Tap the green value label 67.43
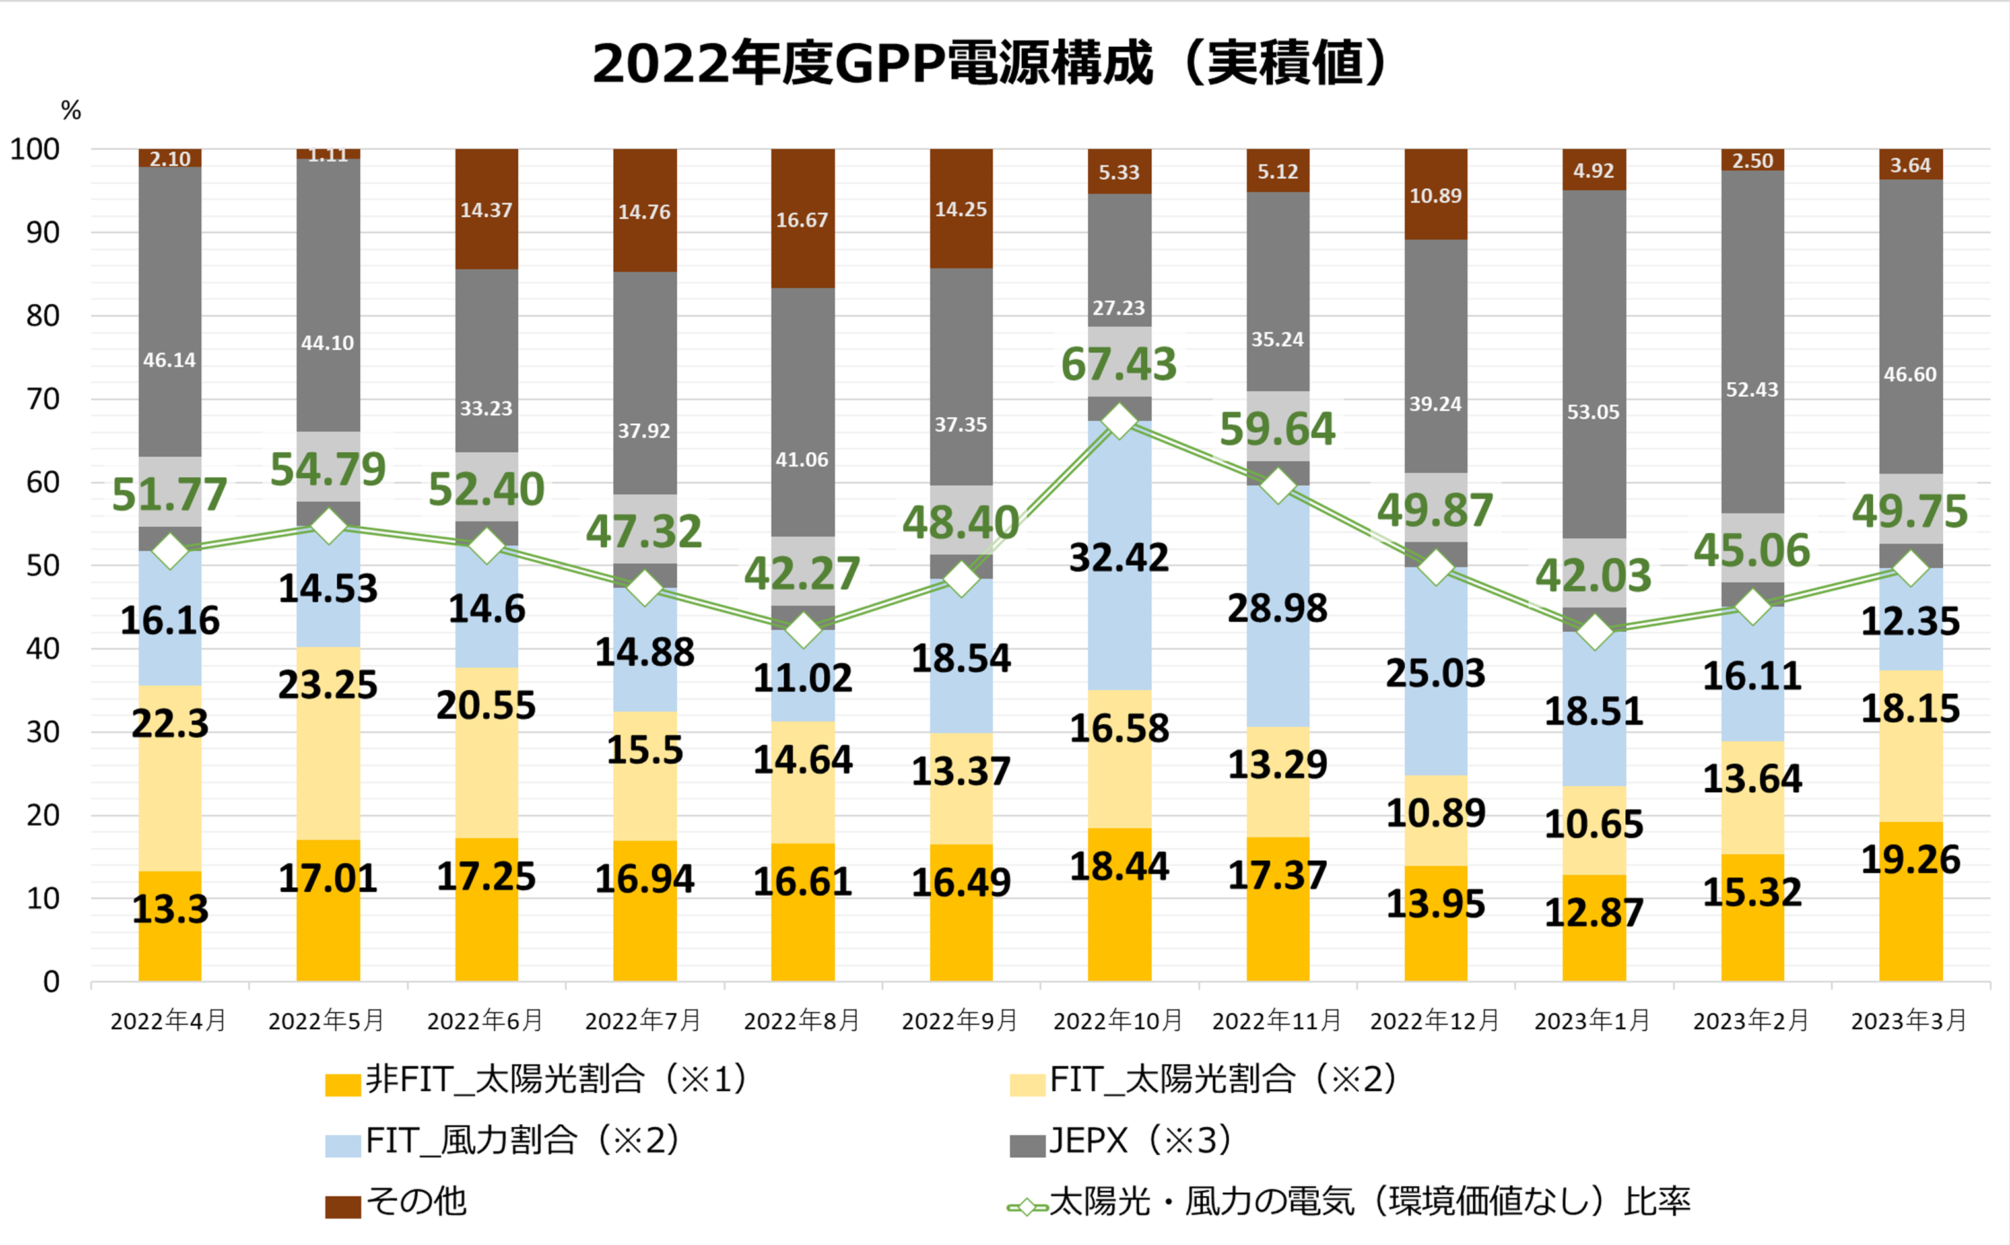pyautogui.click(x=1118, y=364)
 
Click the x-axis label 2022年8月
pyautogui.click(x=801, y=1021)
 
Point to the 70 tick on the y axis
pyautogui.click(x=43, y=399)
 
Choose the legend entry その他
pyautogui.click(x=416, y=1202)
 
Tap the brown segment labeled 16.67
pyautogui.click(x=802, y=219)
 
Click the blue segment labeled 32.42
pyautogui.click(x=1119, y=557)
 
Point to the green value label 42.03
pyautogui.click(x=1593, y=575)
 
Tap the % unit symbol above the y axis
pyautogui.click(x=71, y=110)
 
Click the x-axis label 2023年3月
pyautogui.click(x=1909, y=1021)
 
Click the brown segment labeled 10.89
pyautogui.click(x=1435, y=195)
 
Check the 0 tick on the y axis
pyautogui.click(x=51, y=982)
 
